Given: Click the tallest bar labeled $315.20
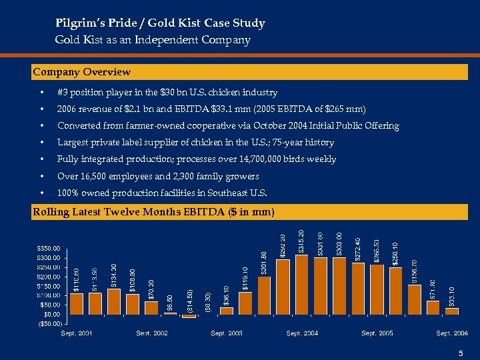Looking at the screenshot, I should [x=301, y=284].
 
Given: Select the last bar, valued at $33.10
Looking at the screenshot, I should [x=452, y=311].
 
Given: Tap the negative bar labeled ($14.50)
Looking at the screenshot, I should [x=189, y=315].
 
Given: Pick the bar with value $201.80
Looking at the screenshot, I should [x=264, y=295].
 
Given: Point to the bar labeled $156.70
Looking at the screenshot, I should [x=414, y=299].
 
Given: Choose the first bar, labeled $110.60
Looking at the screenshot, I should [x=77, y=303].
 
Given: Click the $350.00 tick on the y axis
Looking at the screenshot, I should [x=47, y=248].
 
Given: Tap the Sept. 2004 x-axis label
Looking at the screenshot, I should [x=302, y=333].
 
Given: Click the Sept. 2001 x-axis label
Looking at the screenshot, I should [x=77, y=333].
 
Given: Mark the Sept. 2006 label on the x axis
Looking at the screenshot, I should [x=452, y=333].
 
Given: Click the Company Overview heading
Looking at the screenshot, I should [x=82, y=72].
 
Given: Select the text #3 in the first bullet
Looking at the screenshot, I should [x=63, y=92].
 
